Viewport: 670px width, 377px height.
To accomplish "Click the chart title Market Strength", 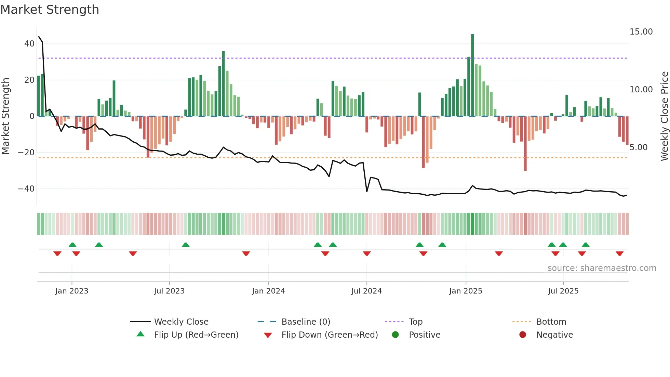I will coord(50,9).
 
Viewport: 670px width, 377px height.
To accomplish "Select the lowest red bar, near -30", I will coord(525,144).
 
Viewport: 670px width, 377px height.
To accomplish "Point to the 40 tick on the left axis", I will coord(29,44).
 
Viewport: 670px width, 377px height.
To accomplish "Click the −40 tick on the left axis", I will coord(26,189).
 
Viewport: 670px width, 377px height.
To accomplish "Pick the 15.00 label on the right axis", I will coord(641,32).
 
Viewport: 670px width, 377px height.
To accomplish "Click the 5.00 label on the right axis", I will coord(638,147).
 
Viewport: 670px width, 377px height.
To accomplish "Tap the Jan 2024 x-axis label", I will coord(268,291).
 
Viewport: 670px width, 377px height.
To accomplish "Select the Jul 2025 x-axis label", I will coord(563,291).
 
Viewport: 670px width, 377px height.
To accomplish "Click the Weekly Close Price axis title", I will coord(664,116).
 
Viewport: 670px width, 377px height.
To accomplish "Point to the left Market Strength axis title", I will coord(5,116).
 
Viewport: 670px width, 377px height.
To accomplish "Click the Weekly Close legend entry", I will coord(181,322).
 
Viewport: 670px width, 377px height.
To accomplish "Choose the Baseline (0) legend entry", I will coord(306,322).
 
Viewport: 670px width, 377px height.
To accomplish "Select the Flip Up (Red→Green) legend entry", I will coord(196,335).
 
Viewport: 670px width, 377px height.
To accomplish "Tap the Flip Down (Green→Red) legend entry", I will coord(330,335).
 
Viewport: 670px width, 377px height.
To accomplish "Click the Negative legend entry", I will coord(554,335).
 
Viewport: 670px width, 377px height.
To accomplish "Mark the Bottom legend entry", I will coord(551,322).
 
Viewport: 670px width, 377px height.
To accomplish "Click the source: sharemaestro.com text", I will coord(602,268).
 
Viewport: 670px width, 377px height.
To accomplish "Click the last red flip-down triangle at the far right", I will coord(619,253).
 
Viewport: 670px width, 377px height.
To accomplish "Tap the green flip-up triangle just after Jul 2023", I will coord(186,245).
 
